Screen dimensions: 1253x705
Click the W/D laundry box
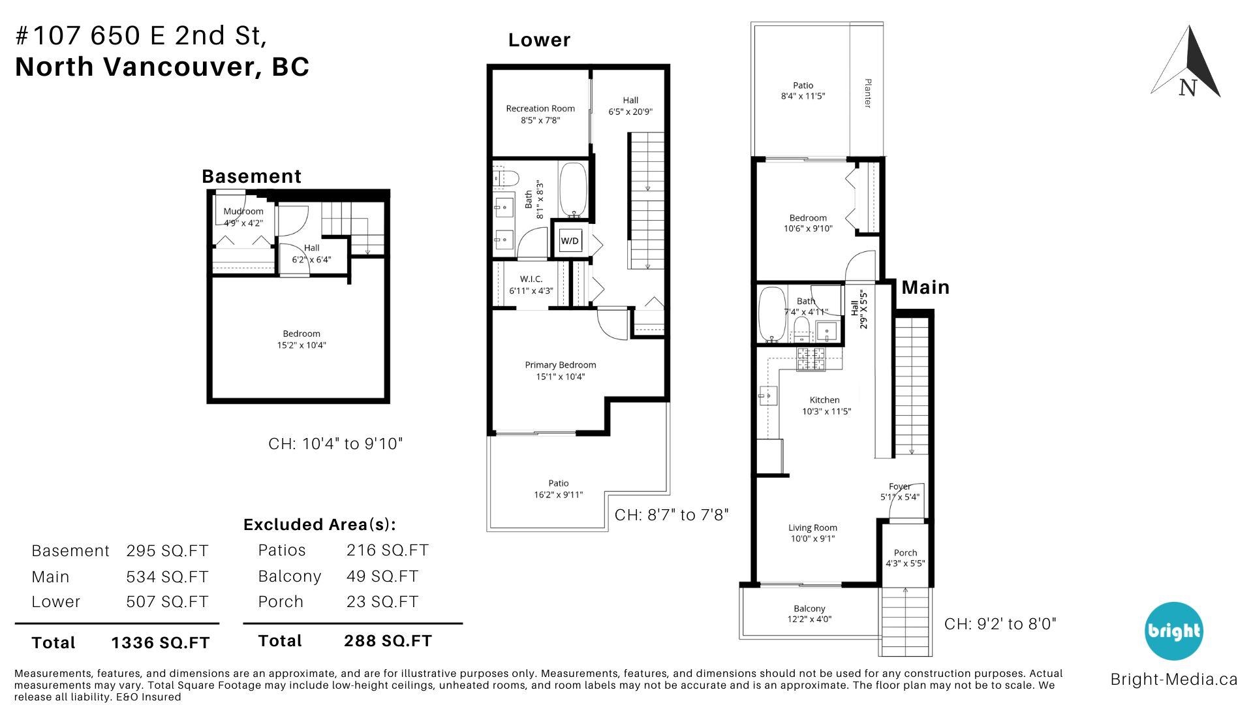[570, 241]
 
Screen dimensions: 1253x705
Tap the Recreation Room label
[540, 108]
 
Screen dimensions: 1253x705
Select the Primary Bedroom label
[561, 365]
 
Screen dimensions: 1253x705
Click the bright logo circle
[1173, 631]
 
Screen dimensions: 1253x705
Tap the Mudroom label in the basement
[243, 211]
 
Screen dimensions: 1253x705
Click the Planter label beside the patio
[868, 93]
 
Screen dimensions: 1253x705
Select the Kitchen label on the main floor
[825, 399]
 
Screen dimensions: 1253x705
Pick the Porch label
[905, 552]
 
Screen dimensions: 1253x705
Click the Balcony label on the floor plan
[809, 608]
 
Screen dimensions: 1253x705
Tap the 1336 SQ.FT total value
[161, 643]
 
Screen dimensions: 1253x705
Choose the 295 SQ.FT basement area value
[167, 551]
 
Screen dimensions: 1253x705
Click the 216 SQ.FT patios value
[388, 550]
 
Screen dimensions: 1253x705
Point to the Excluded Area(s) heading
[320, 525]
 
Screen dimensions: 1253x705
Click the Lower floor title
[539, 40]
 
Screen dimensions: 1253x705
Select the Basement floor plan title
[251, 176]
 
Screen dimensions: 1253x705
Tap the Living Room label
[812, 527]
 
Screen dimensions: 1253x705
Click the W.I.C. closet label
[531, 279]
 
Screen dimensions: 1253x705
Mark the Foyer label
[899, 486]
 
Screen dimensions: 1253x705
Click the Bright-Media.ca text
[1174, 680]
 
